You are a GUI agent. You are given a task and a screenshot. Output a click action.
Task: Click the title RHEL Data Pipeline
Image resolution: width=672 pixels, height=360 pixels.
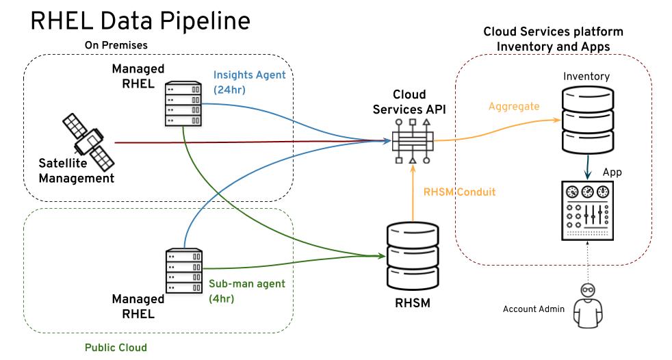140,21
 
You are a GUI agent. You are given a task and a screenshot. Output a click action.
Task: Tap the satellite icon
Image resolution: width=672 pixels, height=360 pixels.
88,141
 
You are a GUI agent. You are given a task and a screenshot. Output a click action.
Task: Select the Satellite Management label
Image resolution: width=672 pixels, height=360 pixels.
76,172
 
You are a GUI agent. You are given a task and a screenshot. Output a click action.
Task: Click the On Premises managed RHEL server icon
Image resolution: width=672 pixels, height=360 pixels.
183,104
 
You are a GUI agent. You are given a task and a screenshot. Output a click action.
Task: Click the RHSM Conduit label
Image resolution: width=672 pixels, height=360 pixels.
459,192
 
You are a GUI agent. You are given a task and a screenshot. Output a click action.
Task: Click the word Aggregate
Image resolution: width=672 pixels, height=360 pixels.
514,107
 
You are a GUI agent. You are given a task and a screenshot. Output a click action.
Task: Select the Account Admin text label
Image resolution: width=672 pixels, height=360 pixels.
534,309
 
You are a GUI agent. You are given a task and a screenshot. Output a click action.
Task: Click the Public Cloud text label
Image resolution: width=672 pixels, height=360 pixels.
116,347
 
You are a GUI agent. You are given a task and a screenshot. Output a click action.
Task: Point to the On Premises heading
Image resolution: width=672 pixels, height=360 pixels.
116,45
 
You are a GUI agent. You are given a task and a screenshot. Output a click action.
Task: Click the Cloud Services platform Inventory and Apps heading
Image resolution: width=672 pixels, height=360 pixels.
553,38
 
